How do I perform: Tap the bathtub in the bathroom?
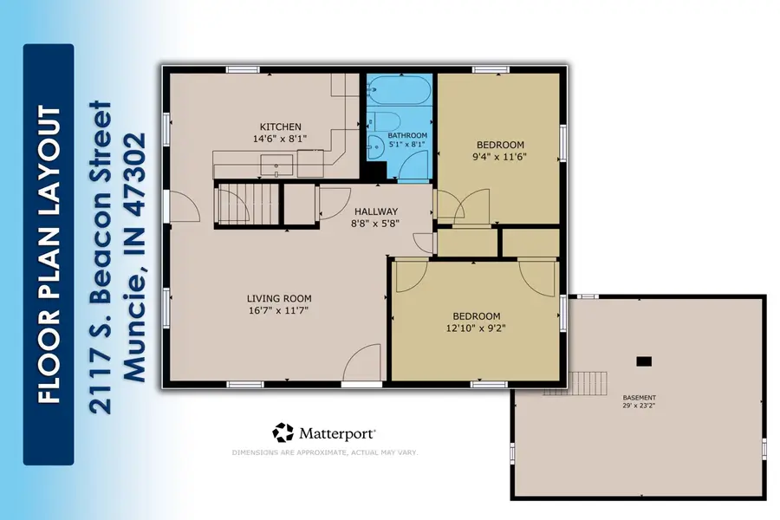398,90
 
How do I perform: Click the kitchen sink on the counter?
277,160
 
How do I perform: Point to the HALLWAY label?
375,211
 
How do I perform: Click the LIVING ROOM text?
277,297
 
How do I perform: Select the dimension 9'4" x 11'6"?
501,157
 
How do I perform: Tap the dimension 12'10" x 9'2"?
476,328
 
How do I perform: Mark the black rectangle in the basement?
644,361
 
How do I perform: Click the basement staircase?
589,381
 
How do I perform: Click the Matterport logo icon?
283,432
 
